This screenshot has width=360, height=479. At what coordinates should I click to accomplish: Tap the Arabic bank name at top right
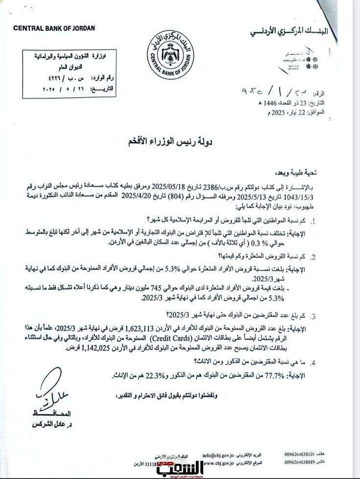(x=293, y=32)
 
